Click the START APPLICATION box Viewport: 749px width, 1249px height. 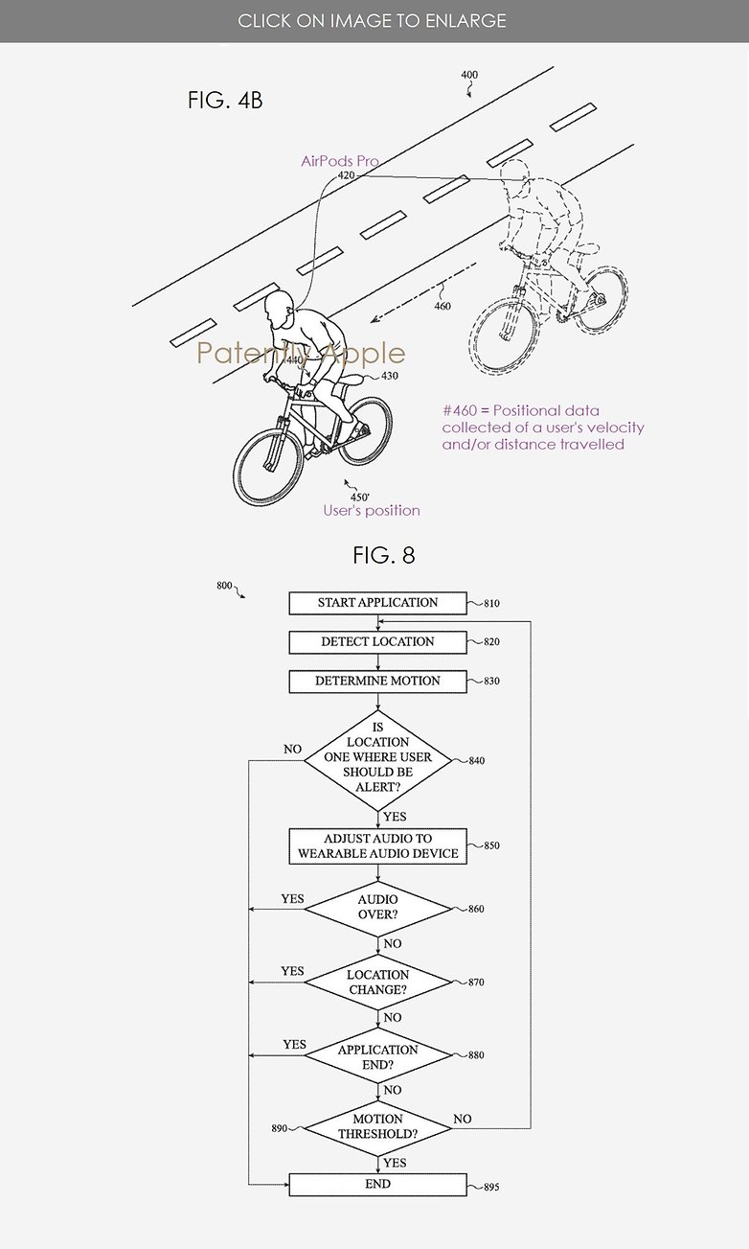[x=377, y=603]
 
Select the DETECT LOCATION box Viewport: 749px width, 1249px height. [x=377, y=642]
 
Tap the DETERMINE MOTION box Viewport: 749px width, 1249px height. [x=377, y=682]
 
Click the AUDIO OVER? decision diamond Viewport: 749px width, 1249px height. [x=377, y=909]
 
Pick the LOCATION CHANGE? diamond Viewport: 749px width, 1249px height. [x=377, y=982]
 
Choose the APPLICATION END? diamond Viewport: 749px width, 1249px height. [x=377, y=1055]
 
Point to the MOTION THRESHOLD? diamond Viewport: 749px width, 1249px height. [x=377, y=1128]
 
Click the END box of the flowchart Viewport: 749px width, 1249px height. [x=377, y=1185]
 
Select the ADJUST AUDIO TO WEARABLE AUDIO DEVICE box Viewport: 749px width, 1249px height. [x=377, y=845]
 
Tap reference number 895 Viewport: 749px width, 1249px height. [x=491, y=1187]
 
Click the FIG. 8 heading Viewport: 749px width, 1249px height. [x=384, y=555]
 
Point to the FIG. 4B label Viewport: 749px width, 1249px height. [x=225, y=101]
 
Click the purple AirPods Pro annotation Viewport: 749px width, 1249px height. [x=340, y=161]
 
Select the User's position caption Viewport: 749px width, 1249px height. [x=372, y=511]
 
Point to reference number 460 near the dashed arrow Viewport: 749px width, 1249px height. [x=442, y=306]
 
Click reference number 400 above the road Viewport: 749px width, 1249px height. [x=469, y=75]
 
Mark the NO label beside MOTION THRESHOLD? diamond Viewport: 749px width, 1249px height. [x=462, y=1119]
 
